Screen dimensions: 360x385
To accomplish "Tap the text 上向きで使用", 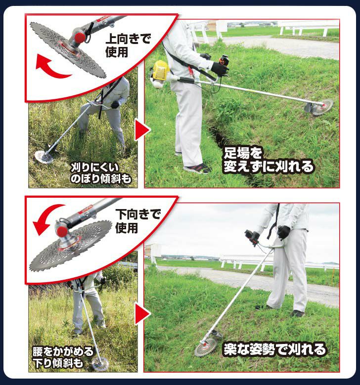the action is [x=128, y=45].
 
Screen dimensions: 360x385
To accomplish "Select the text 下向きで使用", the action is [x=138, y=221].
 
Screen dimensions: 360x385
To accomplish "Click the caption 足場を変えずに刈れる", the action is [x=269, y=160].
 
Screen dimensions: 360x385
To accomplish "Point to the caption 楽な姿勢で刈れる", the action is [x=275, y=349].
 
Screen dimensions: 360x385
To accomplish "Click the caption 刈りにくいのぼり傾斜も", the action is [x=101, y=173].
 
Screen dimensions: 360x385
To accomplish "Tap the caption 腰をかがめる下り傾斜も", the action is [x=63, y=357].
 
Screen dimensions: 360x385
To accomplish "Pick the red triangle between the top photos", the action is [x=142, y=129].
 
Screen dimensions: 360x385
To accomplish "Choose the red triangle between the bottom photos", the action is [x=142, y=313].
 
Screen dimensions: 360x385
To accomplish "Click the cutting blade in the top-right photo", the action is [x=322, y=107].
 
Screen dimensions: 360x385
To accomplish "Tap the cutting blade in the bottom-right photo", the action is [x=206, y=347].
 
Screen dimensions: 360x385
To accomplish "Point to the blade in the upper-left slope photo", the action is [x=44, y=157].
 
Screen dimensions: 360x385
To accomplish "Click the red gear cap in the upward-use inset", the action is [x=80, y=38].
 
